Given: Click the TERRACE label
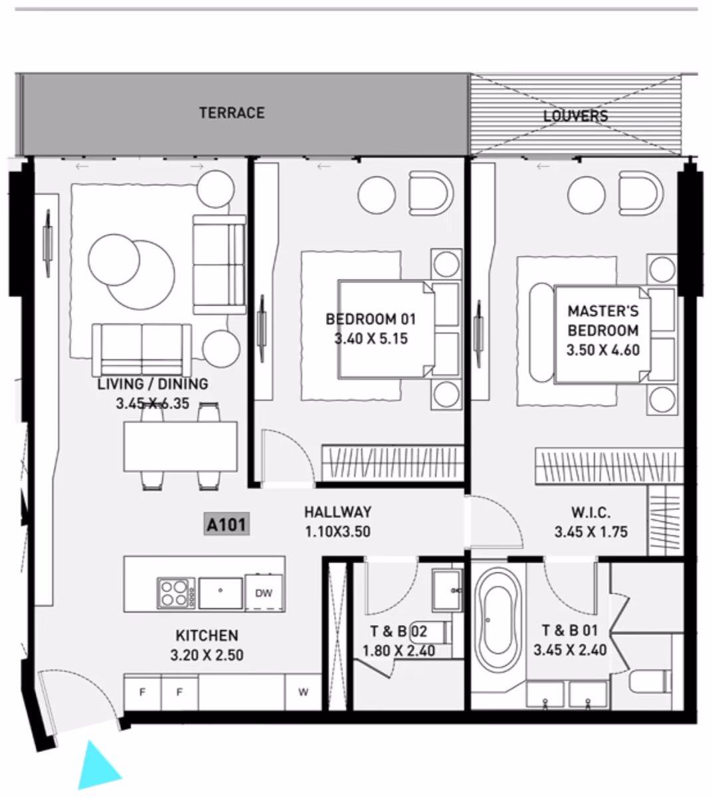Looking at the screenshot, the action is [232, 113].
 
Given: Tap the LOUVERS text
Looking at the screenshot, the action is [575, 116].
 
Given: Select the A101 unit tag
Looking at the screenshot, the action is [226, 524].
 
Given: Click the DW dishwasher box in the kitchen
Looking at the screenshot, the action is [264, 592].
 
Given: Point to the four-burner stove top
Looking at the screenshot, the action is [176, 593].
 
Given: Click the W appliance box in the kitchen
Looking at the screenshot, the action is [303, 692].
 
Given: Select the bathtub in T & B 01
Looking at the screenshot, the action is [497, 620].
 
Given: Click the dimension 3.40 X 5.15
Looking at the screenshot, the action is [371, 339].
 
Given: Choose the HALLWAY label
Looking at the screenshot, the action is [338, 512].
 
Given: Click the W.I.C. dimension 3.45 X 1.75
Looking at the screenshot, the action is [591, 532].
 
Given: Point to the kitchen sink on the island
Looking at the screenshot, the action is [221, 593].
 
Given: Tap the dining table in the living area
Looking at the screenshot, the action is [181, 446].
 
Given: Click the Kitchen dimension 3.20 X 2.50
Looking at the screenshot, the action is [207, 655].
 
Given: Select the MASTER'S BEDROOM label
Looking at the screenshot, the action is [603, 321].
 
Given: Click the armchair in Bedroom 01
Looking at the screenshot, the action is [431, 193].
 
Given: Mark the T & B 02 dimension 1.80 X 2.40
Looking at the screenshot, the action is [399, 651].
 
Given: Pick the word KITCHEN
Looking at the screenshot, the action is [207, 636].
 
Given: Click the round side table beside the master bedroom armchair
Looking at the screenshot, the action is [586, 195].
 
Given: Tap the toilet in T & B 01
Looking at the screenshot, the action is [650, 681].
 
